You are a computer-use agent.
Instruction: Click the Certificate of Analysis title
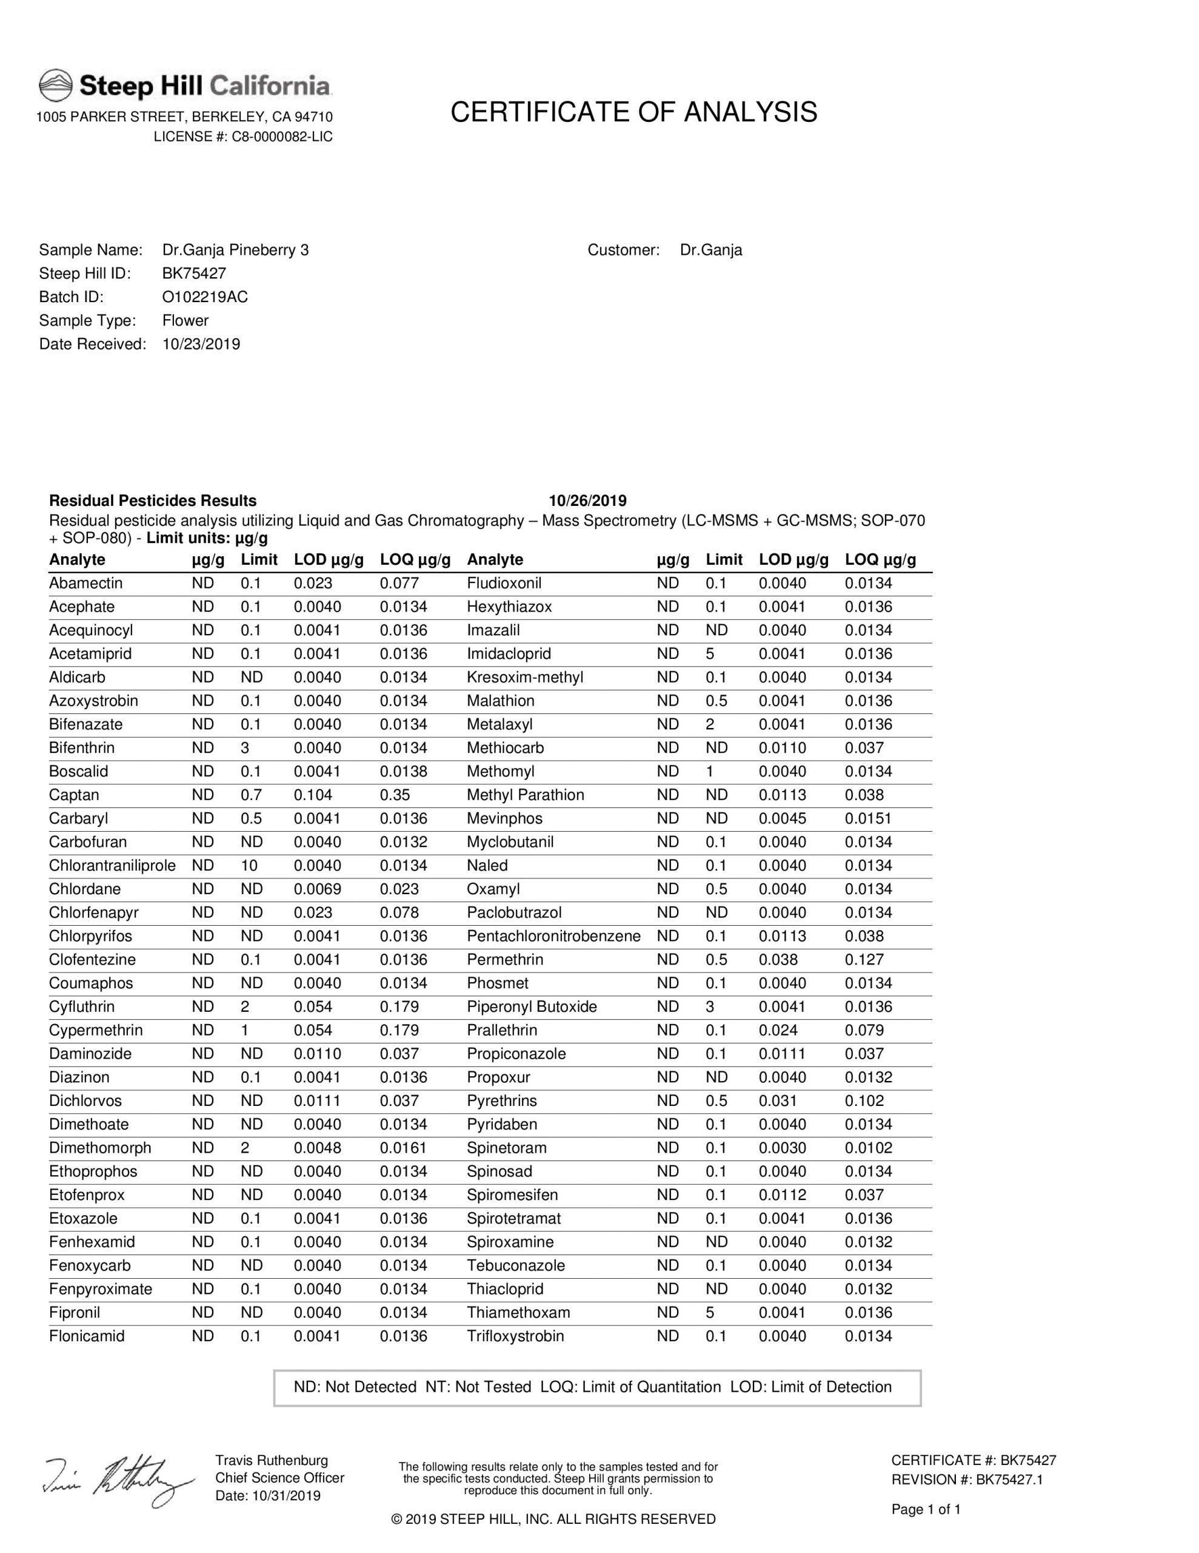[633, 112]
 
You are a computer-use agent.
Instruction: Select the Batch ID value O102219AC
[205, 297]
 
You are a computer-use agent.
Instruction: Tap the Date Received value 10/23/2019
[201, 344]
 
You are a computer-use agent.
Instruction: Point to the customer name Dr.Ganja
[710, 251]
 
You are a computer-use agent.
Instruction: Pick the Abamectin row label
[85, 583]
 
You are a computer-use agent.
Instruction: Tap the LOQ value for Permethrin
[864, 959]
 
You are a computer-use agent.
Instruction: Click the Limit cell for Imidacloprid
[710, 653]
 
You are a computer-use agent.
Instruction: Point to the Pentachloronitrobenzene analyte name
[553, 936]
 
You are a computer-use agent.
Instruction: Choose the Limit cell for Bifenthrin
[246, 748]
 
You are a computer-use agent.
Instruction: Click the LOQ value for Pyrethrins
[864, 1101]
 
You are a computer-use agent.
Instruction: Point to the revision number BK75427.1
[1004, 1480]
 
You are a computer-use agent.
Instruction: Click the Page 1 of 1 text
[926, 1509]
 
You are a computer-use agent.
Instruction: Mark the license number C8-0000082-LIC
[282, 136]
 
